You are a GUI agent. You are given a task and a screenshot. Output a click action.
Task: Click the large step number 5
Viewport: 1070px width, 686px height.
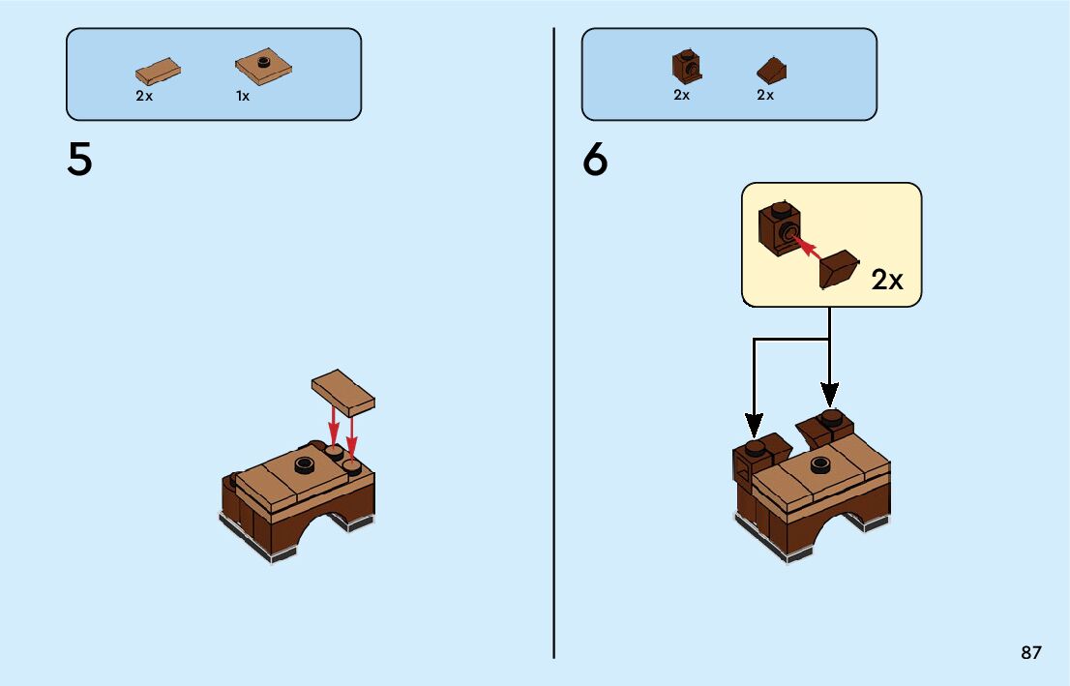tap(79, 160)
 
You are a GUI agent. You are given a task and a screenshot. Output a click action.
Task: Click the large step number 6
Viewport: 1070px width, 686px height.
tap(595, 160)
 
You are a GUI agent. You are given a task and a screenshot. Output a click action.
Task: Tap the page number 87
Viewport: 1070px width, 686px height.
tap(1031, 652)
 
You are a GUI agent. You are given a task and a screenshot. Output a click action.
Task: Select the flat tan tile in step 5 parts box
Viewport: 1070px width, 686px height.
tap(159, 72)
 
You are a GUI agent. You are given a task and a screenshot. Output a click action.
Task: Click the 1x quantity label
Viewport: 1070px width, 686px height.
tap(243, 96)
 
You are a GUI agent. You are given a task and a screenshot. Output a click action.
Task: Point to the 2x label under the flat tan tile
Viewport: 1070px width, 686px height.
tap(144, 96)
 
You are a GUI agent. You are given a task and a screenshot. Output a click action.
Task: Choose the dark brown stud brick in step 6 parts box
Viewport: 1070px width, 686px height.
tap(685, 66)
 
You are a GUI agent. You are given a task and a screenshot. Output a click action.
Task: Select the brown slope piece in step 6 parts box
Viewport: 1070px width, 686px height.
tap(772, 71)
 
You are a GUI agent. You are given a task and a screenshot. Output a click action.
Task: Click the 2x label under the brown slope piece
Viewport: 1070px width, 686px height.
tap(765, 96)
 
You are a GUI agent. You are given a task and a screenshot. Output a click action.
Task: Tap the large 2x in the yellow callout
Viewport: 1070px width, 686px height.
tap(887, 280)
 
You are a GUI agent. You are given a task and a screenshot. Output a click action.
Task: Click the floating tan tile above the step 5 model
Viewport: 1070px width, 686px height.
tap(343, 392)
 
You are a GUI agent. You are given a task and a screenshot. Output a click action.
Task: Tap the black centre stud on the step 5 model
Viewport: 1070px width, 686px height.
tap(306, 463)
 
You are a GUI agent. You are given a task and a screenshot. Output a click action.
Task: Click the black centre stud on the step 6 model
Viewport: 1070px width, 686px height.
tap(821, 463)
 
